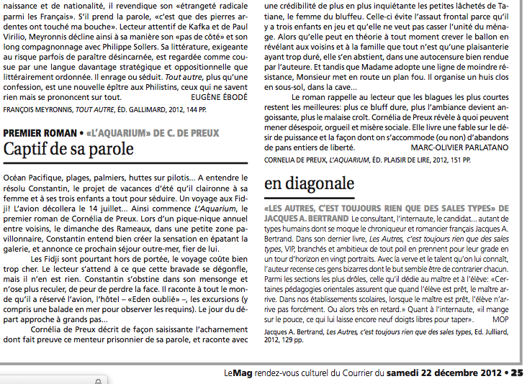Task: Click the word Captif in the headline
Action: (x=26, y=150)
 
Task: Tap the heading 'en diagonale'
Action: (x=310, y=183)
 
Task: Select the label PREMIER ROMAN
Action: (x=39, y=133)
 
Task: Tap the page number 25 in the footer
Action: (x=518, y=373)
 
